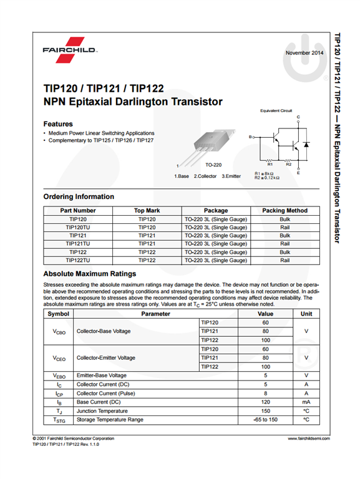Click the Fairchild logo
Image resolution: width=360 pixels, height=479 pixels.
pos(69,50)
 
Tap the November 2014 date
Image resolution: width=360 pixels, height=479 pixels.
pos(304,53)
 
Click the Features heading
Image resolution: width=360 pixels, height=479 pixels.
pos(58,123)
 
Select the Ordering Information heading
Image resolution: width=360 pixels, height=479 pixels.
pos(79,196)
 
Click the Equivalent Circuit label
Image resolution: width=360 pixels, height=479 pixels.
pos(276,110)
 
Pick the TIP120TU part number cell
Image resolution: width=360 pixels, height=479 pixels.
pos(78,228)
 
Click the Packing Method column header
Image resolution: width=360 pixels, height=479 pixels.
pos(285,211)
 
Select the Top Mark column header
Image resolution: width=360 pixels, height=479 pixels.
pos(147,211)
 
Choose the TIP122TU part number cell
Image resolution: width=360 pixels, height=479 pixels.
pos(78,260)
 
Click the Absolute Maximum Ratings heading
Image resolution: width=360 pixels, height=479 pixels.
pos(90,274)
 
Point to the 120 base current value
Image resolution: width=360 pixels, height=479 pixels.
pos(265,402)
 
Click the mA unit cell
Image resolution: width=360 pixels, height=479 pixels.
pos(306,402)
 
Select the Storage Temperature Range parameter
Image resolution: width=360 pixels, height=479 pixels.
pos(110,420)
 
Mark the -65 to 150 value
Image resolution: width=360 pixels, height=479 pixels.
pos(265,420)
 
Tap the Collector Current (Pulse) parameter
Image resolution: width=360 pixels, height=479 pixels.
pos(107,394)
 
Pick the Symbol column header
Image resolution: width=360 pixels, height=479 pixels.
pos(58,314)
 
